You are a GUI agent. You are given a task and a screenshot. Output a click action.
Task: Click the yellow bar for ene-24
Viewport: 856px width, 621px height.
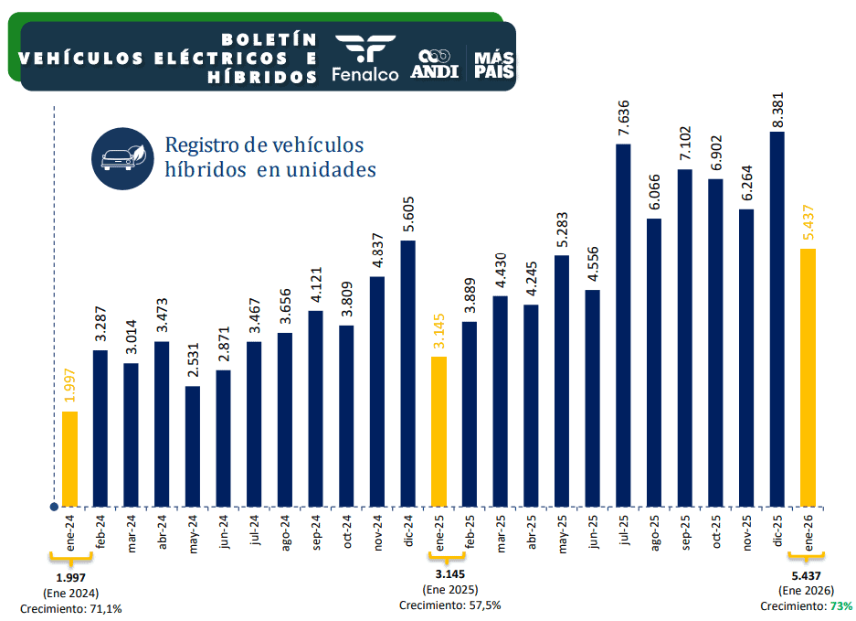pos(69,458)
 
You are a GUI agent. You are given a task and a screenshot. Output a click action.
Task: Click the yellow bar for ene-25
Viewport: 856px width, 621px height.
pos(439,431)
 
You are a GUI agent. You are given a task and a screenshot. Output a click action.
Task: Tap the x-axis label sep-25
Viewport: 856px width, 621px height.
pos(685,531)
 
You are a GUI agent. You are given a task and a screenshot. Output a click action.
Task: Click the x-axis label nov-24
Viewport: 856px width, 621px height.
pos(377,531)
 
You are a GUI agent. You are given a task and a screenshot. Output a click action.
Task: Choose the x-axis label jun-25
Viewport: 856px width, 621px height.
pos(593,531)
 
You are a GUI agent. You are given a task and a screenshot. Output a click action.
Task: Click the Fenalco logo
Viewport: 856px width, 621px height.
pos(365,58)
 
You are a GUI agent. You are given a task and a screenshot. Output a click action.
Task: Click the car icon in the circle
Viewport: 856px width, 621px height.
pos(122,157)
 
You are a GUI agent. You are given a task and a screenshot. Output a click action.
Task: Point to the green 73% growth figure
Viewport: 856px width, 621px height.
pos(841,605)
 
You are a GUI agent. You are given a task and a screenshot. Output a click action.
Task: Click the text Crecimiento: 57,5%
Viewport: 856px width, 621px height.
pos(449,605)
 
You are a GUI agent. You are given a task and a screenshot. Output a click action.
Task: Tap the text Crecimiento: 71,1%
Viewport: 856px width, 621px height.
pos(71,607)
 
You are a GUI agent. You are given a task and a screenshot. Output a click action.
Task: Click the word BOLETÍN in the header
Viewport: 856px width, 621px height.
pos(269,39)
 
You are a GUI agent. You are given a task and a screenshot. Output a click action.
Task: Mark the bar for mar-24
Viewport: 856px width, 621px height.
pos(131,434)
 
